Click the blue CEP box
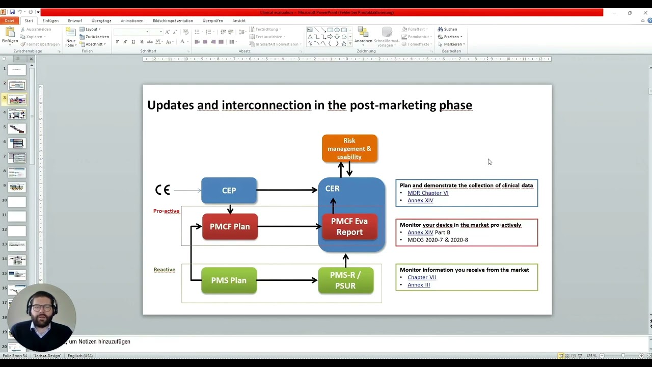(229, 191)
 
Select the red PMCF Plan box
(230, 226)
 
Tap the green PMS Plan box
(229, 280)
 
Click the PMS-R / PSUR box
(345, 280)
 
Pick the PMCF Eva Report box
(349, 227)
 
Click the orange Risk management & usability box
(349, 148)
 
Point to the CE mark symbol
(162, 190)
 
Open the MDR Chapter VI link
(428, 193)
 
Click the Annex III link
(419, 285)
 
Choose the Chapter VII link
(422, 277)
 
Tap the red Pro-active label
(166, 211)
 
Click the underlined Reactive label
(165, 270)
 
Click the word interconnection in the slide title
(266, 105)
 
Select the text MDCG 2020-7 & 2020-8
(438, 240)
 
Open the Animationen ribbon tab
(132, 21)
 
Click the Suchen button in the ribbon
(450, 29)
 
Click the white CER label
(332, 189)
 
